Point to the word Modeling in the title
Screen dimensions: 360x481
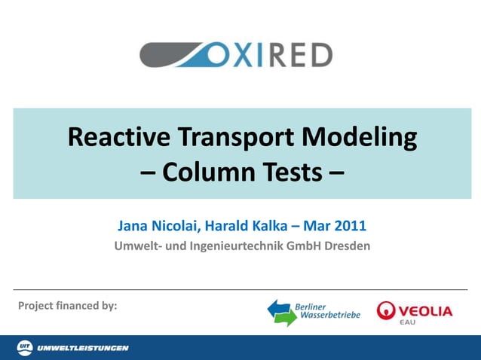pos(359,138)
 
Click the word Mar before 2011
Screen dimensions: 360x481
pos(317,225)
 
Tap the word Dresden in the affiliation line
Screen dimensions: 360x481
pos(348,246)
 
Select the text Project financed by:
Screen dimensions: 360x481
pos(68,306)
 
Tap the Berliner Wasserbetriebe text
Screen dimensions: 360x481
pos(329,311)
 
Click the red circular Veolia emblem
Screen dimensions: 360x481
pos(386,310)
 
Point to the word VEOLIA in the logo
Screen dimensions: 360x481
pos(425,310)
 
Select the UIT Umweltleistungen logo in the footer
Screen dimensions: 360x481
pos(72,347)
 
